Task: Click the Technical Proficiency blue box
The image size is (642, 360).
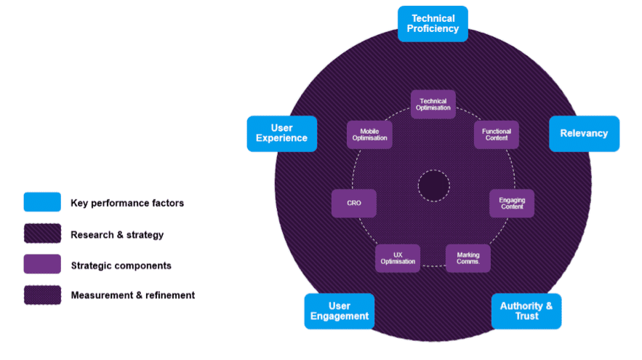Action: coord(433,23)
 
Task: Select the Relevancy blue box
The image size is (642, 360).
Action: coord(584,133)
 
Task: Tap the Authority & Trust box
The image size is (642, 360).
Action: coord(526,311)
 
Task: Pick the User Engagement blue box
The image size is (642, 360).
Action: coord(339,311)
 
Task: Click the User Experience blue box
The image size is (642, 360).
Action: coord(282,133)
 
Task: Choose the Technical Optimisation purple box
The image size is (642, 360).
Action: coord(433,104)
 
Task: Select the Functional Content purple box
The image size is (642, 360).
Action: coord(497,135)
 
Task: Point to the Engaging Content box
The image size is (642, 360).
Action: coord(512,203)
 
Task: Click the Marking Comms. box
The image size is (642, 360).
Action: coord(468,257)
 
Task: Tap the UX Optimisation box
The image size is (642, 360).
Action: coord(398,257)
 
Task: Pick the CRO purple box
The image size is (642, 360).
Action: coord(354,203)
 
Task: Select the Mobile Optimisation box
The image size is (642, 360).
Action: coord(370,135)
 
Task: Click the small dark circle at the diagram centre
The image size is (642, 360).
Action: coord(433,186)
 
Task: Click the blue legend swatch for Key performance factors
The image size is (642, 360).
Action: coord(42,202)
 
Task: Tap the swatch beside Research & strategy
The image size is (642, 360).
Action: coord(42,233)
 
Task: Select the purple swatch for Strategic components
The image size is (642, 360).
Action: coord(42,264)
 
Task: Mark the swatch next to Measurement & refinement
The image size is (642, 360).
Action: coord(42,295)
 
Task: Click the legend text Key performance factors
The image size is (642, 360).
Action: coord(127,203)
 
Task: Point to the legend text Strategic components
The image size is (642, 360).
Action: coord(121,265)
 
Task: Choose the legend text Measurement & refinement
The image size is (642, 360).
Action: coord(132,295)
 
